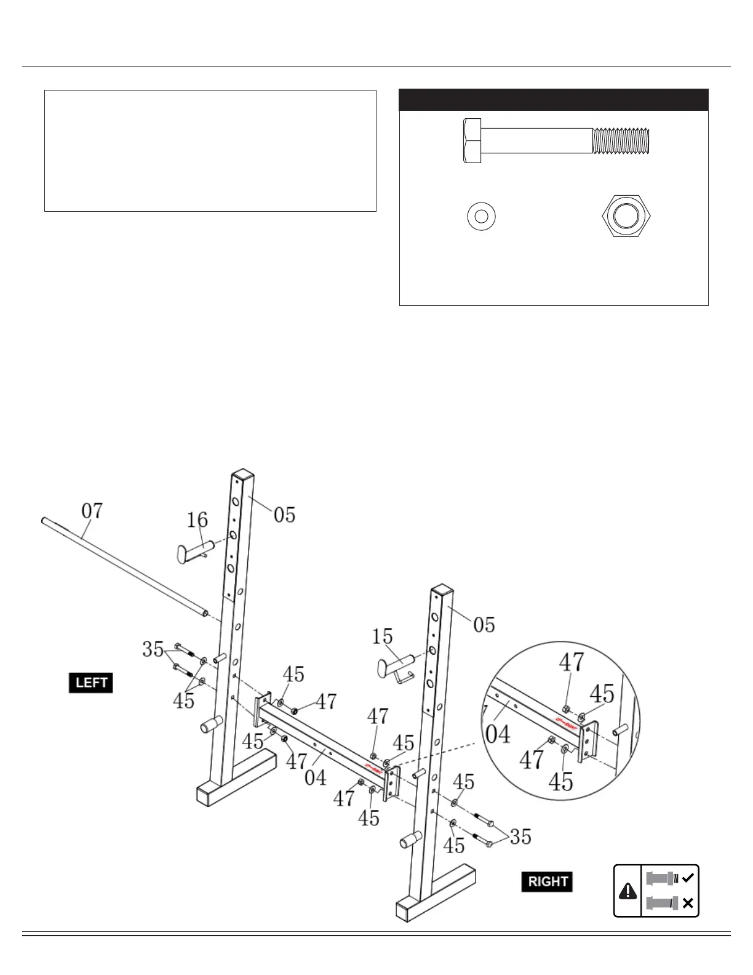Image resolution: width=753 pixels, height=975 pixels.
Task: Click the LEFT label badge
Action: (91, 683)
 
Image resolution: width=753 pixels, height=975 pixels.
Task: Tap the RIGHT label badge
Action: (547, 881)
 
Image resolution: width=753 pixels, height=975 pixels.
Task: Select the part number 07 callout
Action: (92, 511)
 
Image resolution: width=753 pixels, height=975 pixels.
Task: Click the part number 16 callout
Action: (197, 520)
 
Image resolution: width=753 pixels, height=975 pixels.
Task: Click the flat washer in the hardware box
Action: (481, 217)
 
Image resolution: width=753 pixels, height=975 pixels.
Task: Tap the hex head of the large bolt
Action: (472, 141)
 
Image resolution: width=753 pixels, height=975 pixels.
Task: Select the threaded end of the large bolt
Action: (621, 141)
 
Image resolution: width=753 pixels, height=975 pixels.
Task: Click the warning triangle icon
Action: (627, 890)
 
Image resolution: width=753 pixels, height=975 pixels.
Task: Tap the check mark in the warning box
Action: (688, 878)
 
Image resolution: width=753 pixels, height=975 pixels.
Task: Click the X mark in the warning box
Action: (688, 903)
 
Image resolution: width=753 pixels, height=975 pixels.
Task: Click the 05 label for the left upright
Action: (284, 515)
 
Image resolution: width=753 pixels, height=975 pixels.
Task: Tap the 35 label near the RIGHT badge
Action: (520, 837)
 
